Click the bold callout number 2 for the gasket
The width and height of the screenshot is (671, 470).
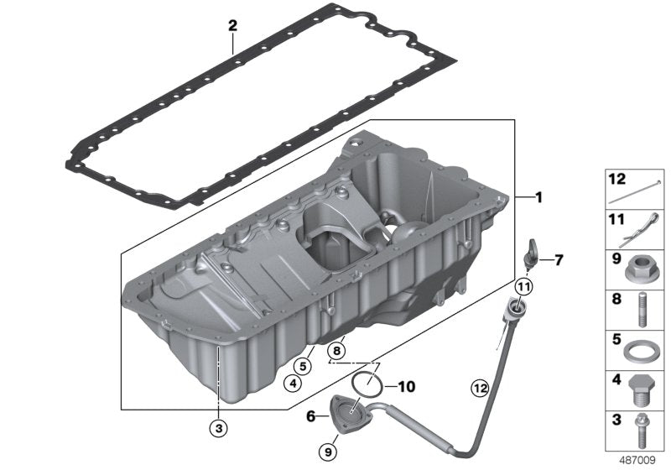pyautogui.click(x=232, y=26)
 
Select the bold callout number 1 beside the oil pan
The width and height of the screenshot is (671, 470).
pyautogui.click(x=538, y=197)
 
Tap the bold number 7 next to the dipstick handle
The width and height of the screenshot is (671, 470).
pyautogui.click(x=559, y=260)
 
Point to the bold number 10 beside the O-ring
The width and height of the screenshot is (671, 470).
pyautogui.click(x=407, y=387)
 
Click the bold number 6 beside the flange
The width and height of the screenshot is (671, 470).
pyautogui.click(x=311, y=415)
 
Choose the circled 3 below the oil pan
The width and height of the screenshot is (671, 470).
pyautogui.click(x=219, y=428)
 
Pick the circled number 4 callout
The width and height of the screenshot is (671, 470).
pyautogui.click(x=293, y=384)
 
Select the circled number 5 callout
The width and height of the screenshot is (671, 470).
pyautogui.click(x=303, y=367)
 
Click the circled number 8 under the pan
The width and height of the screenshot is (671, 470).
pyautogui.click(x=336, y=351)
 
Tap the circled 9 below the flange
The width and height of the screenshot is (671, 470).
pyautogui.click(x=328, y=452)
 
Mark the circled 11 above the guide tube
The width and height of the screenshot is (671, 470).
pyautogui.click(x=523, y=287)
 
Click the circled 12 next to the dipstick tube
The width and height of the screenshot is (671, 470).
pyautogui.click(x=480, y=389)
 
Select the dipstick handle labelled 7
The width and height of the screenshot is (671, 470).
pyautogui.click(x=530, y=254)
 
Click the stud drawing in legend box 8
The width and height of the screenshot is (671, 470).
pyautogui.click(x=642, y=309)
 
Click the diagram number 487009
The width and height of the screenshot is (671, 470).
pyautogui.click(x=637, y=460)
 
